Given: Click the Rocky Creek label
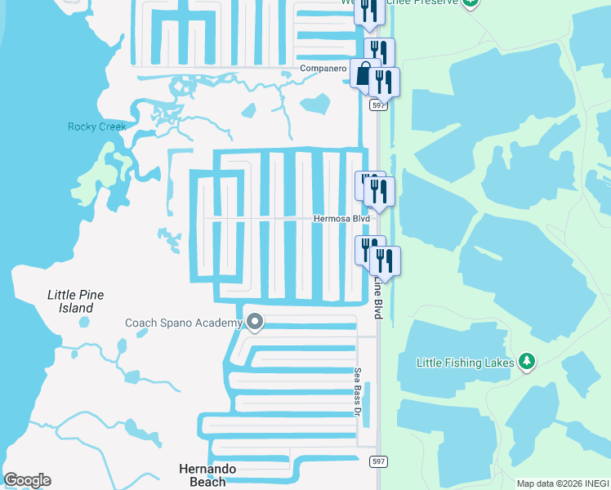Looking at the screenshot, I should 97,127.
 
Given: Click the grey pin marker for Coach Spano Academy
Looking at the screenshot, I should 255,323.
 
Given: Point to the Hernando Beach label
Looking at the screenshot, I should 207,474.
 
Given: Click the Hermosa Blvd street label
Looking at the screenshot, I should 343,219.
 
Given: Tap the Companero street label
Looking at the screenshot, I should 323,69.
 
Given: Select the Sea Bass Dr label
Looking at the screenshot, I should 358,392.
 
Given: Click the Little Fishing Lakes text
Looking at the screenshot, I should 465,362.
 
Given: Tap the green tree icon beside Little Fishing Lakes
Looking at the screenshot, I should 527,361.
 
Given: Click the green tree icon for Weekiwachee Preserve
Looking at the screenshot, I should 470,2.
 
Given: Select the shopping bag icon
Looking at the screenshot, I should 363,74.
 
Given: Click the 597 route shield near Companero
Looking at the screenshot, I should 377,105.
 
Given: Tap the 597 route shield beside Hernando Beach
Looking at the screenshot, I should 381,462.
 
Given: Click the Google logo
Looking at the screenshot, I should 27,480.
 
